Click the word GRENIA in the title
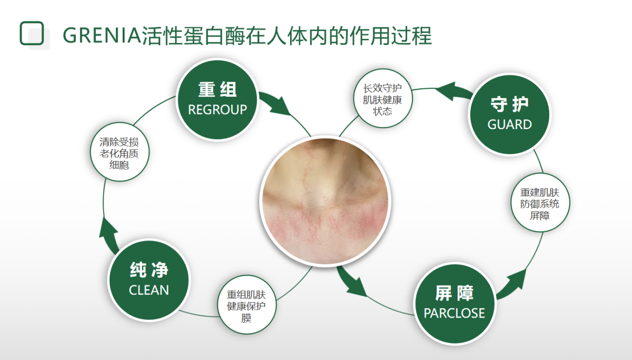(x=102, y=35)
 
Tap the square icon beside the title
(x=32, y=33)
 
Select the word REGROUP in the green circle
(x=217, y=110)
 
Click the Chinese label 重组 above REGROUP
(x=217, y=90)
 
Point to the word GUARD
(x=509, y=125)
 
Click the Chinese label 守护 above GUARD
(x=509, y=104)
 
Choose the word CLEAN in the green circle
(x=149, y=290)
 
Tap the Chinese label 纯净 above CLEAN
(x=149, y=270)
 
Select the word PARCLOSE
(x=454, y=313)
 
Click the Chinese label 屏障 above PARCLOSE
(x=454, y=293)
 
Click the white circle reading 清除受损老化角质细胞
(x=120, y=152)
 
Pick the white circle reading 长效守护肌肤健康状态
(x=383, y=99)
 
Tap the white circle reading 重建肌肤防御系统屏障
(x=540, y=203)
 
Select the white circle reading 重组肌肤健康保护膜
(x=247, y=305)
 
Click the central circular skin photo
(x=325, y=201)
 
